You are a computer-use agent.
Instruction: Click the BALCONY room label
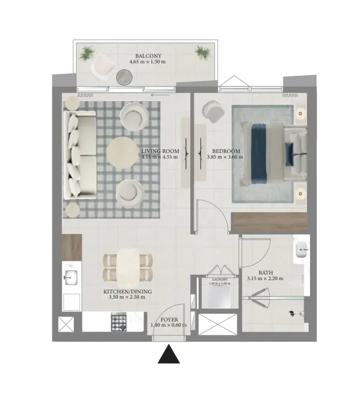tap(148, 56)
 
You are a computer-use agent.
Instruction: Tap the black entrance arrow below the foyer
tap(169, 354)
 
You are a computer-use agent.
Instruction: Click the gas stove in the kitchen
tap(119, 322)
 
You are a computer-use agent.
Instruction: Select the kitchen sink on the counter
tap(71, 278)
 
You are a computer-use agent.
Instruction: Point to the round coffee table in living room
tap(119, 153)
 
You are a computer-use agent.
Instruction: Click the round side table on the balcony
tap(124, 77)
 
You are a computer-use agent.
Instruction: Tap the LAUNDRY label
tap(220, 280)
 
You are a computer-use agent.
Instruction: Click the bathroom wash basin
tap(301, 250)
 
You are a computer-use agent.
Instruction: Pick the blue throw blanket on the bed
tap(259, 154)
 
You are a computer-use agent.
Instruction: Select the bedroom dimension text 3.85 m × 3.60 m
tap(225, 157)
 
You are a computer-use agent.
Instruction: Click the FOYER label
tap(169, 320)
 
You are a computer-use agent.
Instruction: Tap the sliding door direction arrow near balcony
tap(160, 95)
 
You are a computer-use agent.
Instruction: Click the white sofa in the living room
tap(80, 155)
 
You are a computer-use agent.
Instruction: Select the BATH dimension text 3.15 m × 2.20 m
tap(265, 279)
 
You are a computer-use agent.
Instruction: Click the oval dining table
tap(128, 266)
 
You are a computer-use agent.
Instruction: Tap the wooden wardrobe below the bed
tap(269, 222)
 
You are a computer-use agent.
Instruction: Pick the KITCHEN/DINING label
tap(127, 292)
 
